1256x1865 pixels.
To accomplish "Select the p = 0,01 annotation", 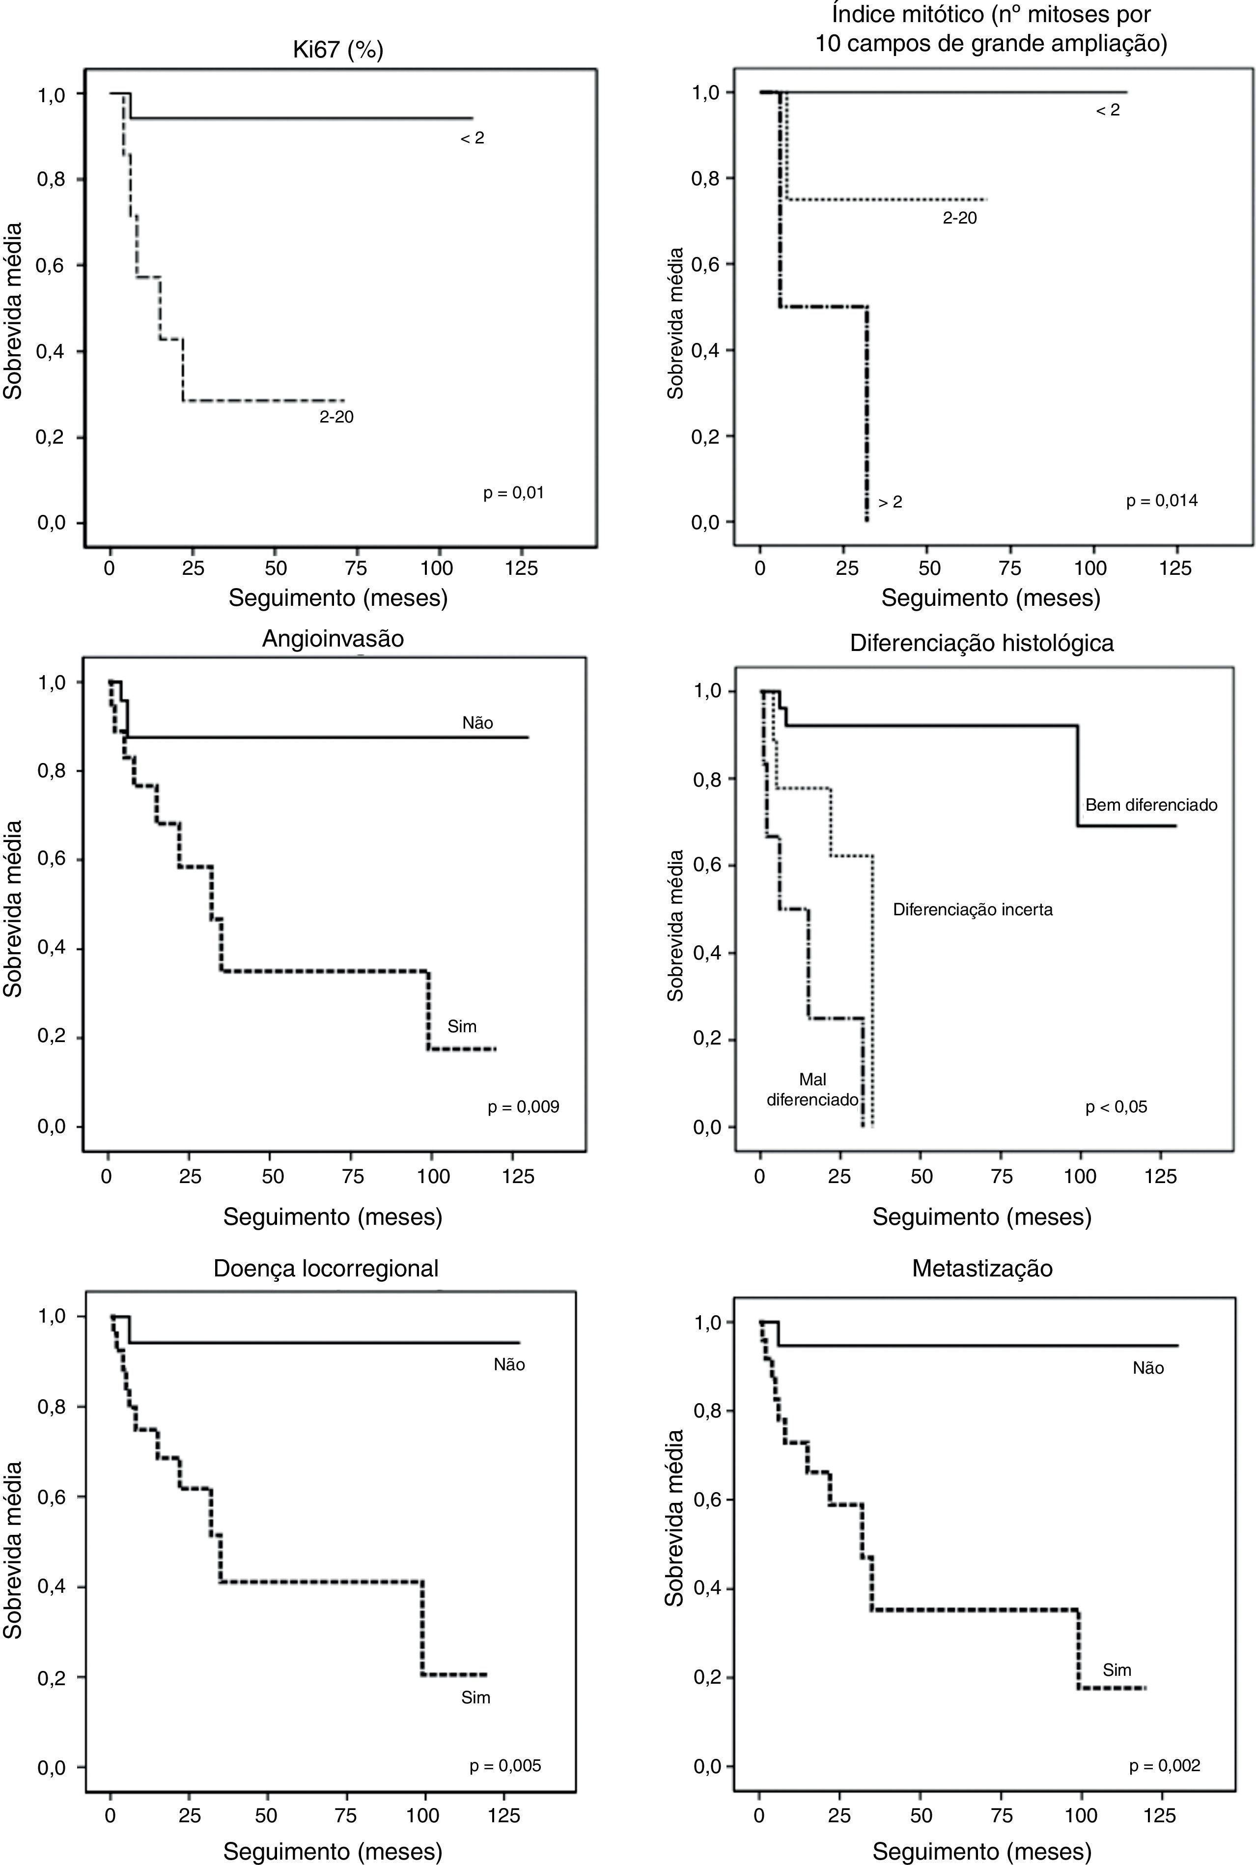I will pos(513,493).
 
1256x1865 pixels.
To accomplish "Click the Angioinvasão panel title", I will pos(333,639).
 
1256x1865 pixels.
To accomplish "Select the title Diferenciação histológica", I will pos(981,643).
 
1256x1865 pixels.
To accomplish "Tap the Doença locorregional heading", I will pos(326,1268).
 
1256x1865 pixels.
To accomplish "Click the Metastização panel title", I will pos(982,1268).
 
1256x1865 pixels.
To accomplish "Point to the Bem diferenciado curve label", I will pos(1151,805).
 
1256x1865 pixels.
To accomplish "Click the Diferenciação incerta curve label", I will pos(973,910).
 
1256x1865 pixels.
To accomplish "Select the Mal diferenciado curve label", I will pos(812,1090).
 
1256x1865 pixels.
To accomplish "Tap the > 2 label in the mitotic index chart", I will pos(890,502).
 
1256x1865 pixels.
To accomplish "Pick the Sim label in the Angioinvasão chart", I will pos(462,1027).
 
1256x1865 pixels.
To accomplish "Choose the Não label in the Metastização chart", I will pos(1148,1368).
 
